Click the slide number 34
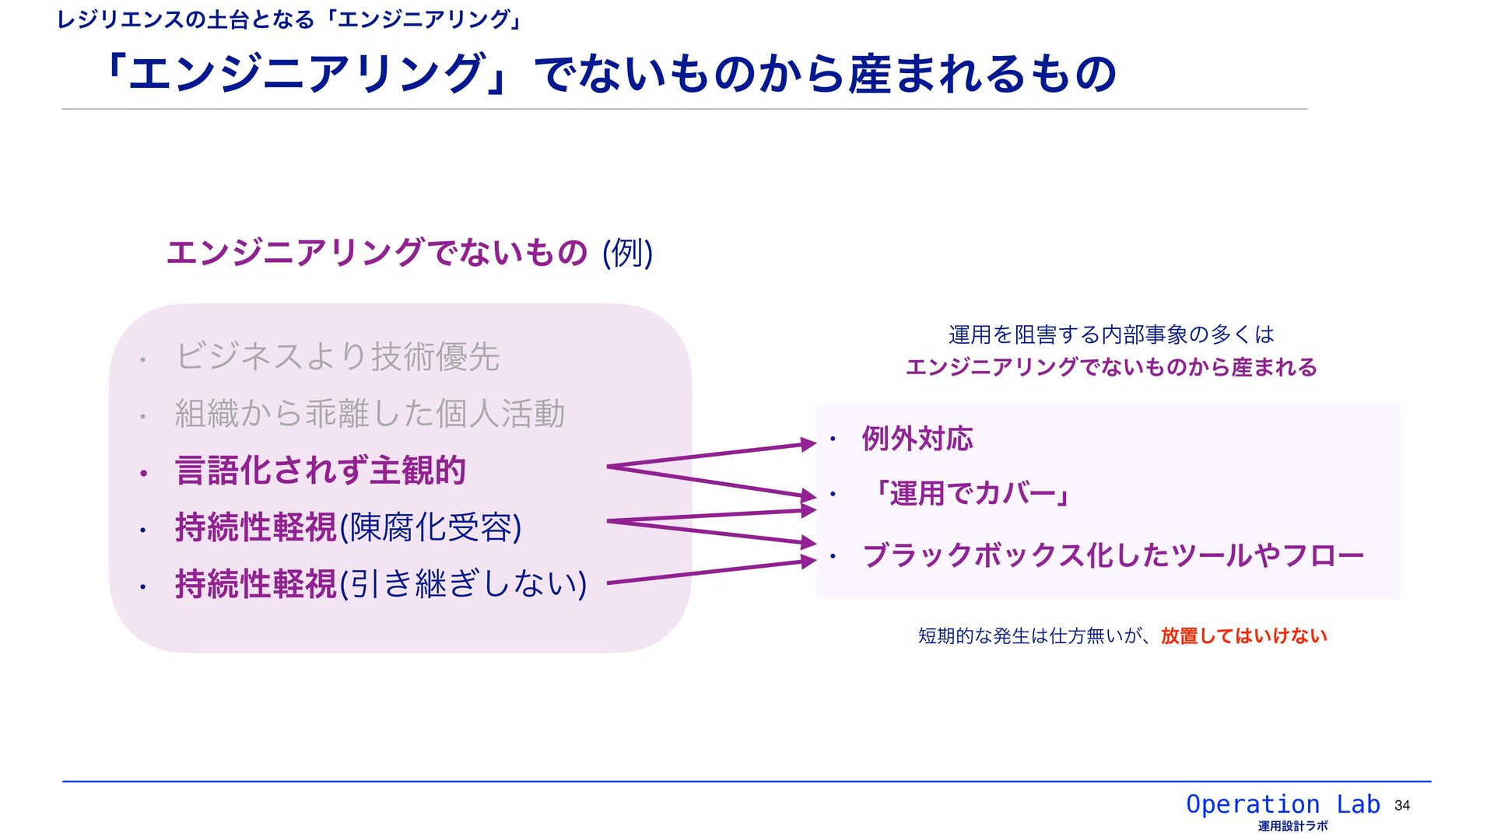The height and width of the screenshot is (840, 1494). click(x=1402, y=806)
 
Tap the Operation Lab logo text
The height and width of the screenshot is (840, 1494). click(x=1282, y=804)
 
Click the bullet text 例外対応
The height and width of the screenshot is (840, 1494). click(x=917, y=439)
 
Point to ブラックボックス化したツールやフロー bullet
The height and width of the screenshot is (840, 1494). click(x=1113, y=555)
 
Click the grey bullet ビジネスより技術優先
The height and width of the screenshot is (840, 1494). click(x=337, y=357)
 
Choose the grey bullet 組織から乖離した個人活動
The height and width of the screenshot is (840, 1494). click(x=370, y=414)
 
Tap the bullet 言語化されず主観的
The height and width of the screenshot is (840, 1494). click(x=320, y=471)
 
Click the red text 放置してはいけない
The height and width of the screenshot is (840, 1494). click(x=1243, y=636)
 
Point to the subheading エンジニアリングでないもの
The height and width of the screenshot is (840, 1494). click(x=377, y=253)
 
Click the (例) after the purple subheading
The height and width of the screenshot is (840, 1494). click(x=627, y=253)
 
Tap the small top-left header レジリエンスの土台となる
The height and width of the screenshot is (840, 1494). click(x=185, y=19)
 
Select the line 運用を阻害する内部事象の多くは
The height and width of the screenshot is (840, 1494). click(x=1111, y=335)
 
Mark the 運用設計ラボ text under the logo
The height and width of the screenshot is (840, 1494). click(x=1292, y=826)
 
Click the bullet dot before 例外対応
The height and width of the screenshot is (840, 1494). click(x=832, y=439)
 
